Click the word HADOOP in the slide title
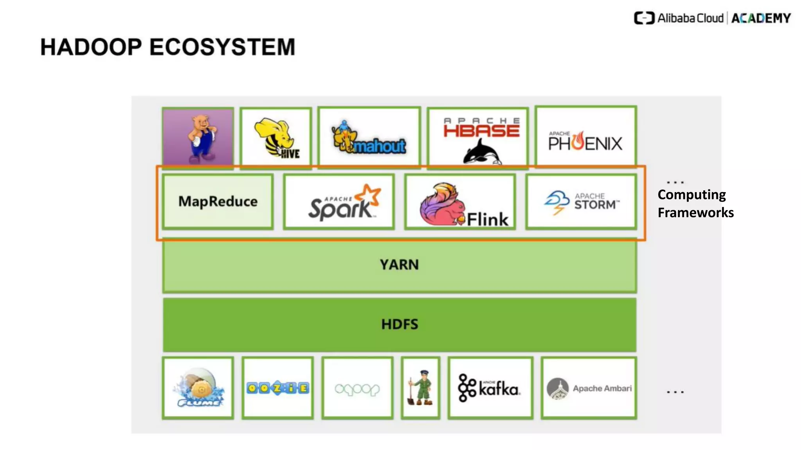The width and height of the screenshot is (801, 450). (91, 47)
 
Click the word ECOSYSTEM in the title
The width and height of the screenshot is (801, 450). (222, 47)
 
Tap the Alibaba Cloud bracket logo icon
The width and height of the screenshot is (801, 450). (644, 18)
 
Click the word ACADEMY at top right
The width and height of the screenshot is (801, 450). (761, 18)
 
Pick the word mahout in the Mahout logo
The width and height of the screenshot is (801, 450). (379, 146)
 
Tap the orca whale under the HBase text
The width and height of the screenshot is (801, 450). (481, 152)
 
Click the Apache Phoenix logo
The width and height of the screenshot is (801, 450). (585, 141)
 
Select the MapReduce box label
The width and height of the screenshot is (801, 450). (218, 202)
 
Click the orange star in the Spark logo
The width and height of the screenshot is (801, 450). (370, 194)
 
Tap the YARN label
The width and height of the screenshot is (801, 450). (399, 265)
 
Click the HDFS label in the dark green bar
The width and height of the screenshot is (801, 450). (399, 324)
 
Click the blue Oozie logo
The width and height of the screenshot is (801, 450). (278, 388)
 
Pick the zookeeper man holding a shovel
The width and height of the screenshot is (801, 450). (420, 387)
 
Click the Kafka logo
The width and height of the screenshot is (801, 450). (489, 388)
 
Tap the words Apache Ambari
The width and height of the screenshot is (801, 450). (602, 388)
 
